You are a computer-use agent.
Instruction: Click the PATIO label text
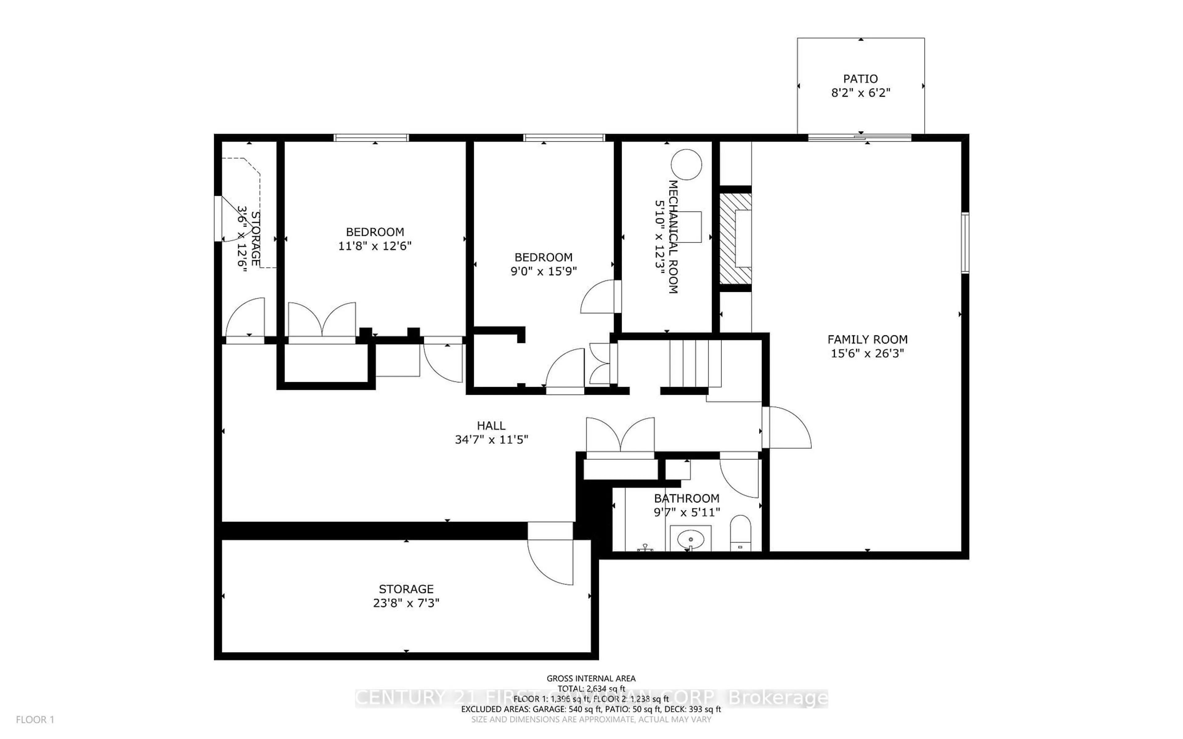tap(860, 79)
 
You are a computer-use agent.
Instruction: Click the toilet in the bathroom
tap(740, 533)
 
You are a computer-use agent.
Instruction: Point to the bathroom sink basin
tap(690, 539)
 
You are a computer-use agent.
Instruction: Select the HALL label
tap(491, 426)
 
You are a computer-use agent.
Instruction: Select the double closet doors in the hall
tap(620, 436)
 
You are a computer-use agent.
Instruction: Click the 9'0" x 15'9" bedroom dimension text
tap(543, 271)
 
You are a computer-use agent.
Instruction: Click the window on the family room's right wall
tap(965, 243)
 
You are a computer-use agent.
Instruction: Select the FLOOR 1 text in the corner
tap(35, 720)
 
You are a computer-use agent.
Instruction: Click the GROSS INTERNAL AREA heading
tap(591, 678)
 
